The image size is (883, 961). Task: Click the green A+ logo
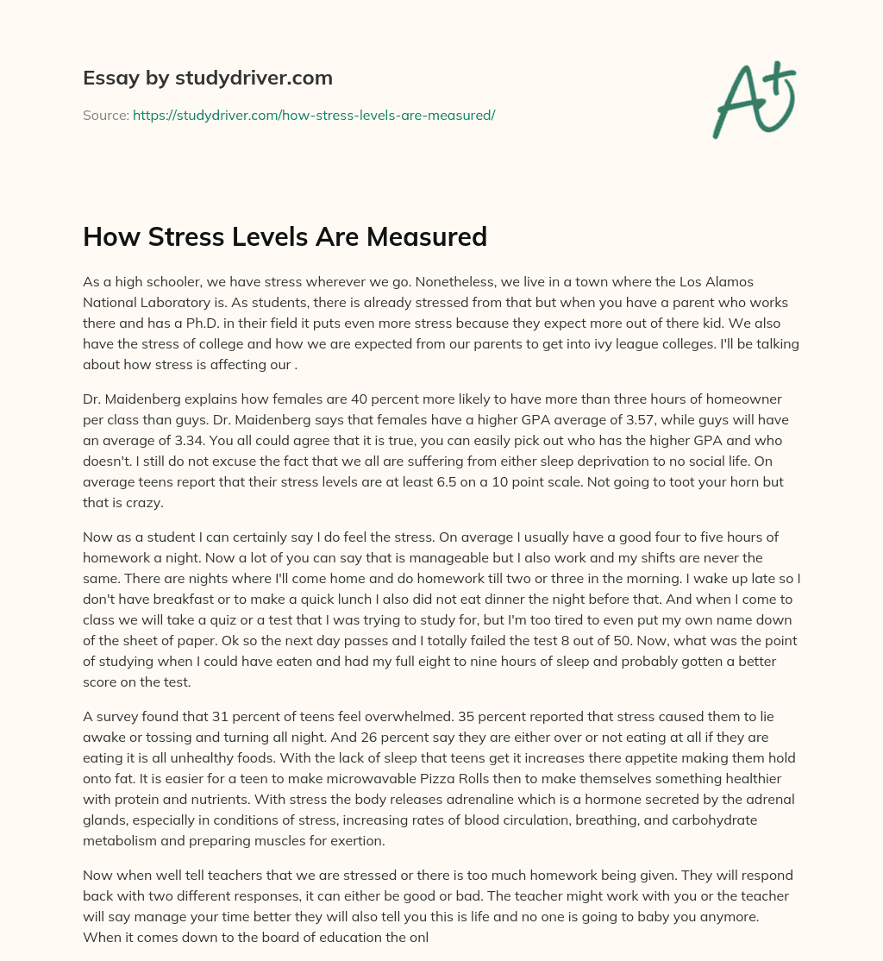(x=753, y=99)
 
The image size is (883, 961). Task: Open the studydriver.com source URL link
(x=313, y=115)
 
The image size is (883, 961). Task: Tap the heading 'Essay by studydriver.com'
(x=207, y=78)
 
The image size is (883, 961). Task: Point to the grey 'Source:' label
(x=106, y=115)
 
